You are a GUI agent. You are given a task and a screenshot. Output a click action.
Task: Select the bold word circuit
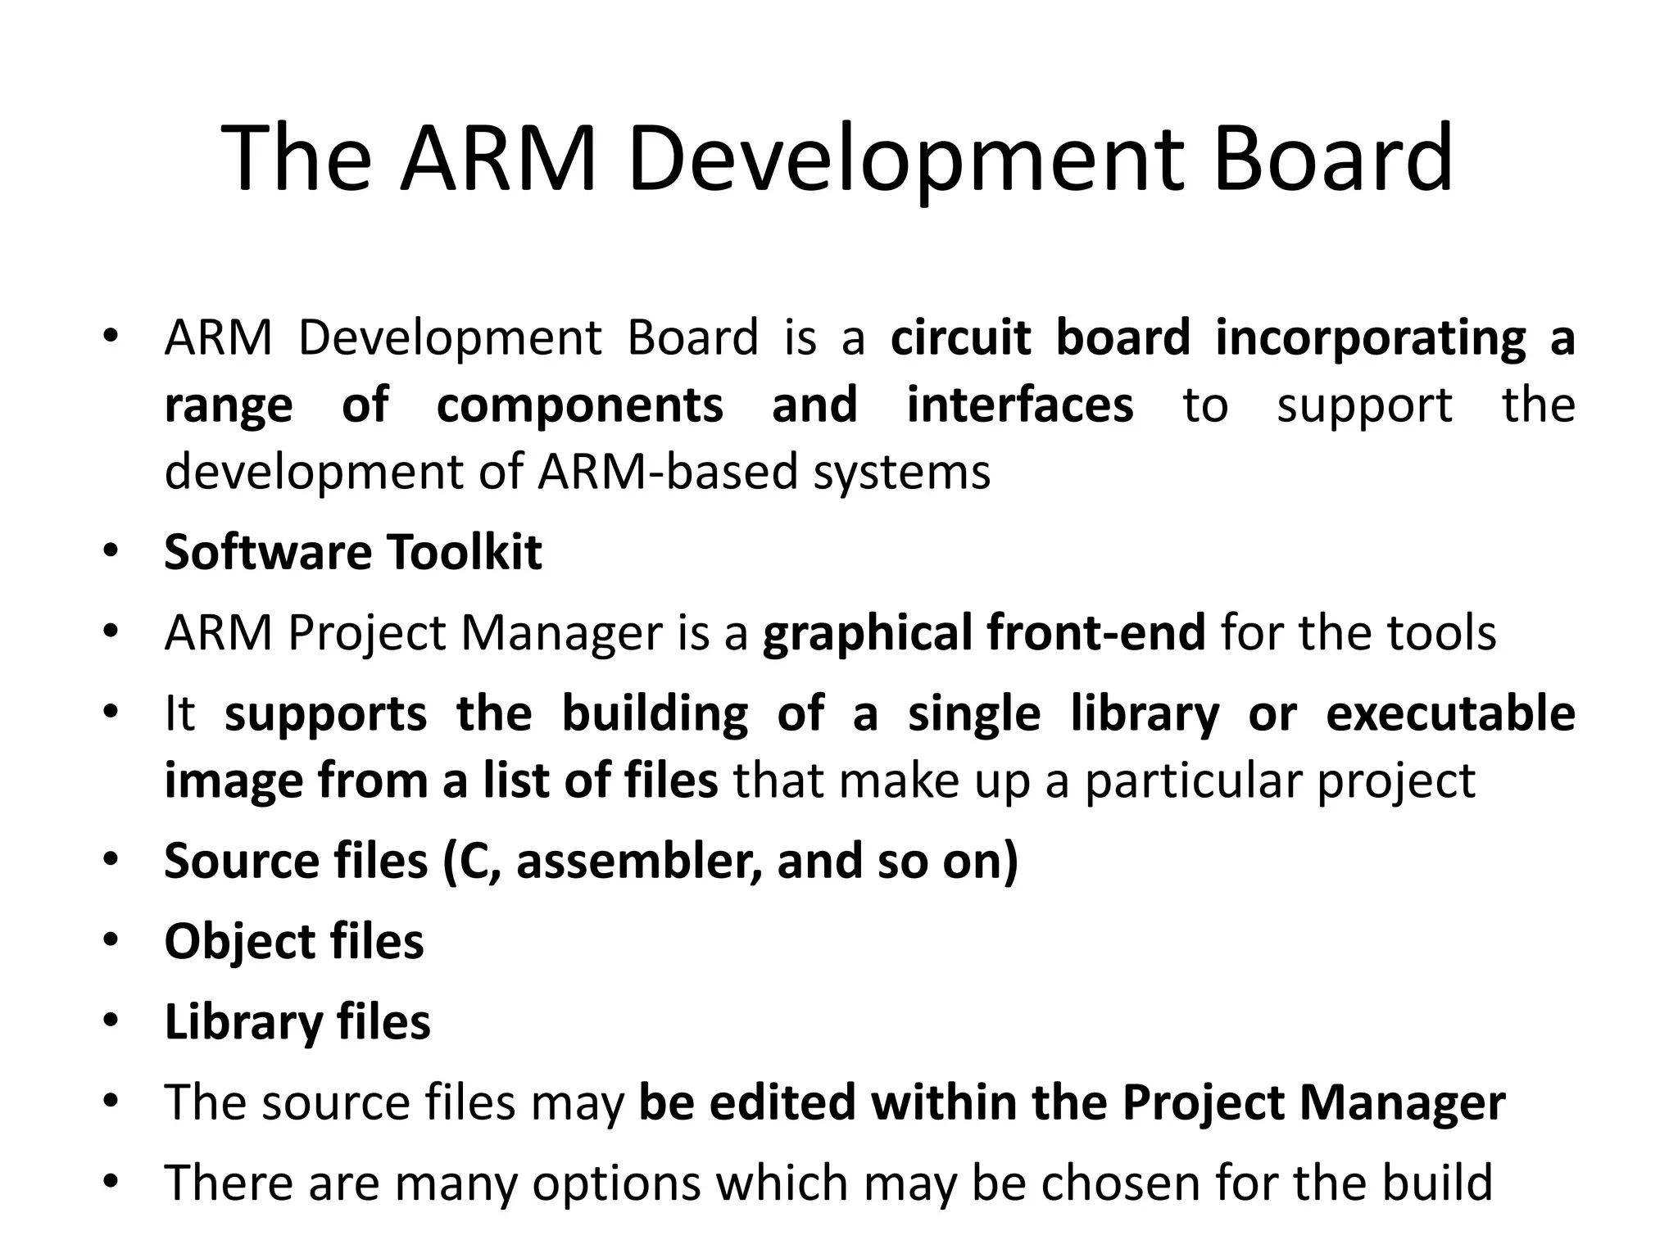pyautogui.click(x=959, y=337)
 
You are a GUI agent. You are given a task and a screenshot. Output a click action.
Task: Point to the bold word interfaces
pyautogui.click(x=1019, y=405)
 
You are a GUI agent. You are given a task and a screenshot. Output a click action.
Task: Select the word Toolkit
pyautogui.click(x=464, y=552)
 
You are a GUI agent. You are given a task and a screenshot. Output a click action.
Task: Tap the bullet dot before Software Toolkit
pyautogui.click(x=111, y=550)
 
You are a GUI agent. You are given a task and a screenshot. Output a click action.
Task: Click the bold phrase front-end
pyautogui.click(x=1095, y=633)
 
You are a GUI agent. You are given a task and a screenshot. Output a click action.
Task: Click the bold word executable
pyautogui.click(x=1450, y=713)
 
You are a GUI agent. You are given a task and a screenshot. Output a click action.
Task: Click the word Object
pyautogui.click(x=239, y=942)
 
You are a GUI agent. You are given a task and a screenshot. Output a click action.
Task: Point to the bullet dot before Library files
pyautogui.click(x=111, y=1020)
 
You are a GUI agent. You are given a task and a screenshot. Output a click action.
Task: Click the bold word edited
pyautogui.click(x=782, y=1102)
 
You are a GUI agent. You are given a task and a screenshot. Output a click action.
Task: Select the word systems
pyautogui.click(x=901, y=472)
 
